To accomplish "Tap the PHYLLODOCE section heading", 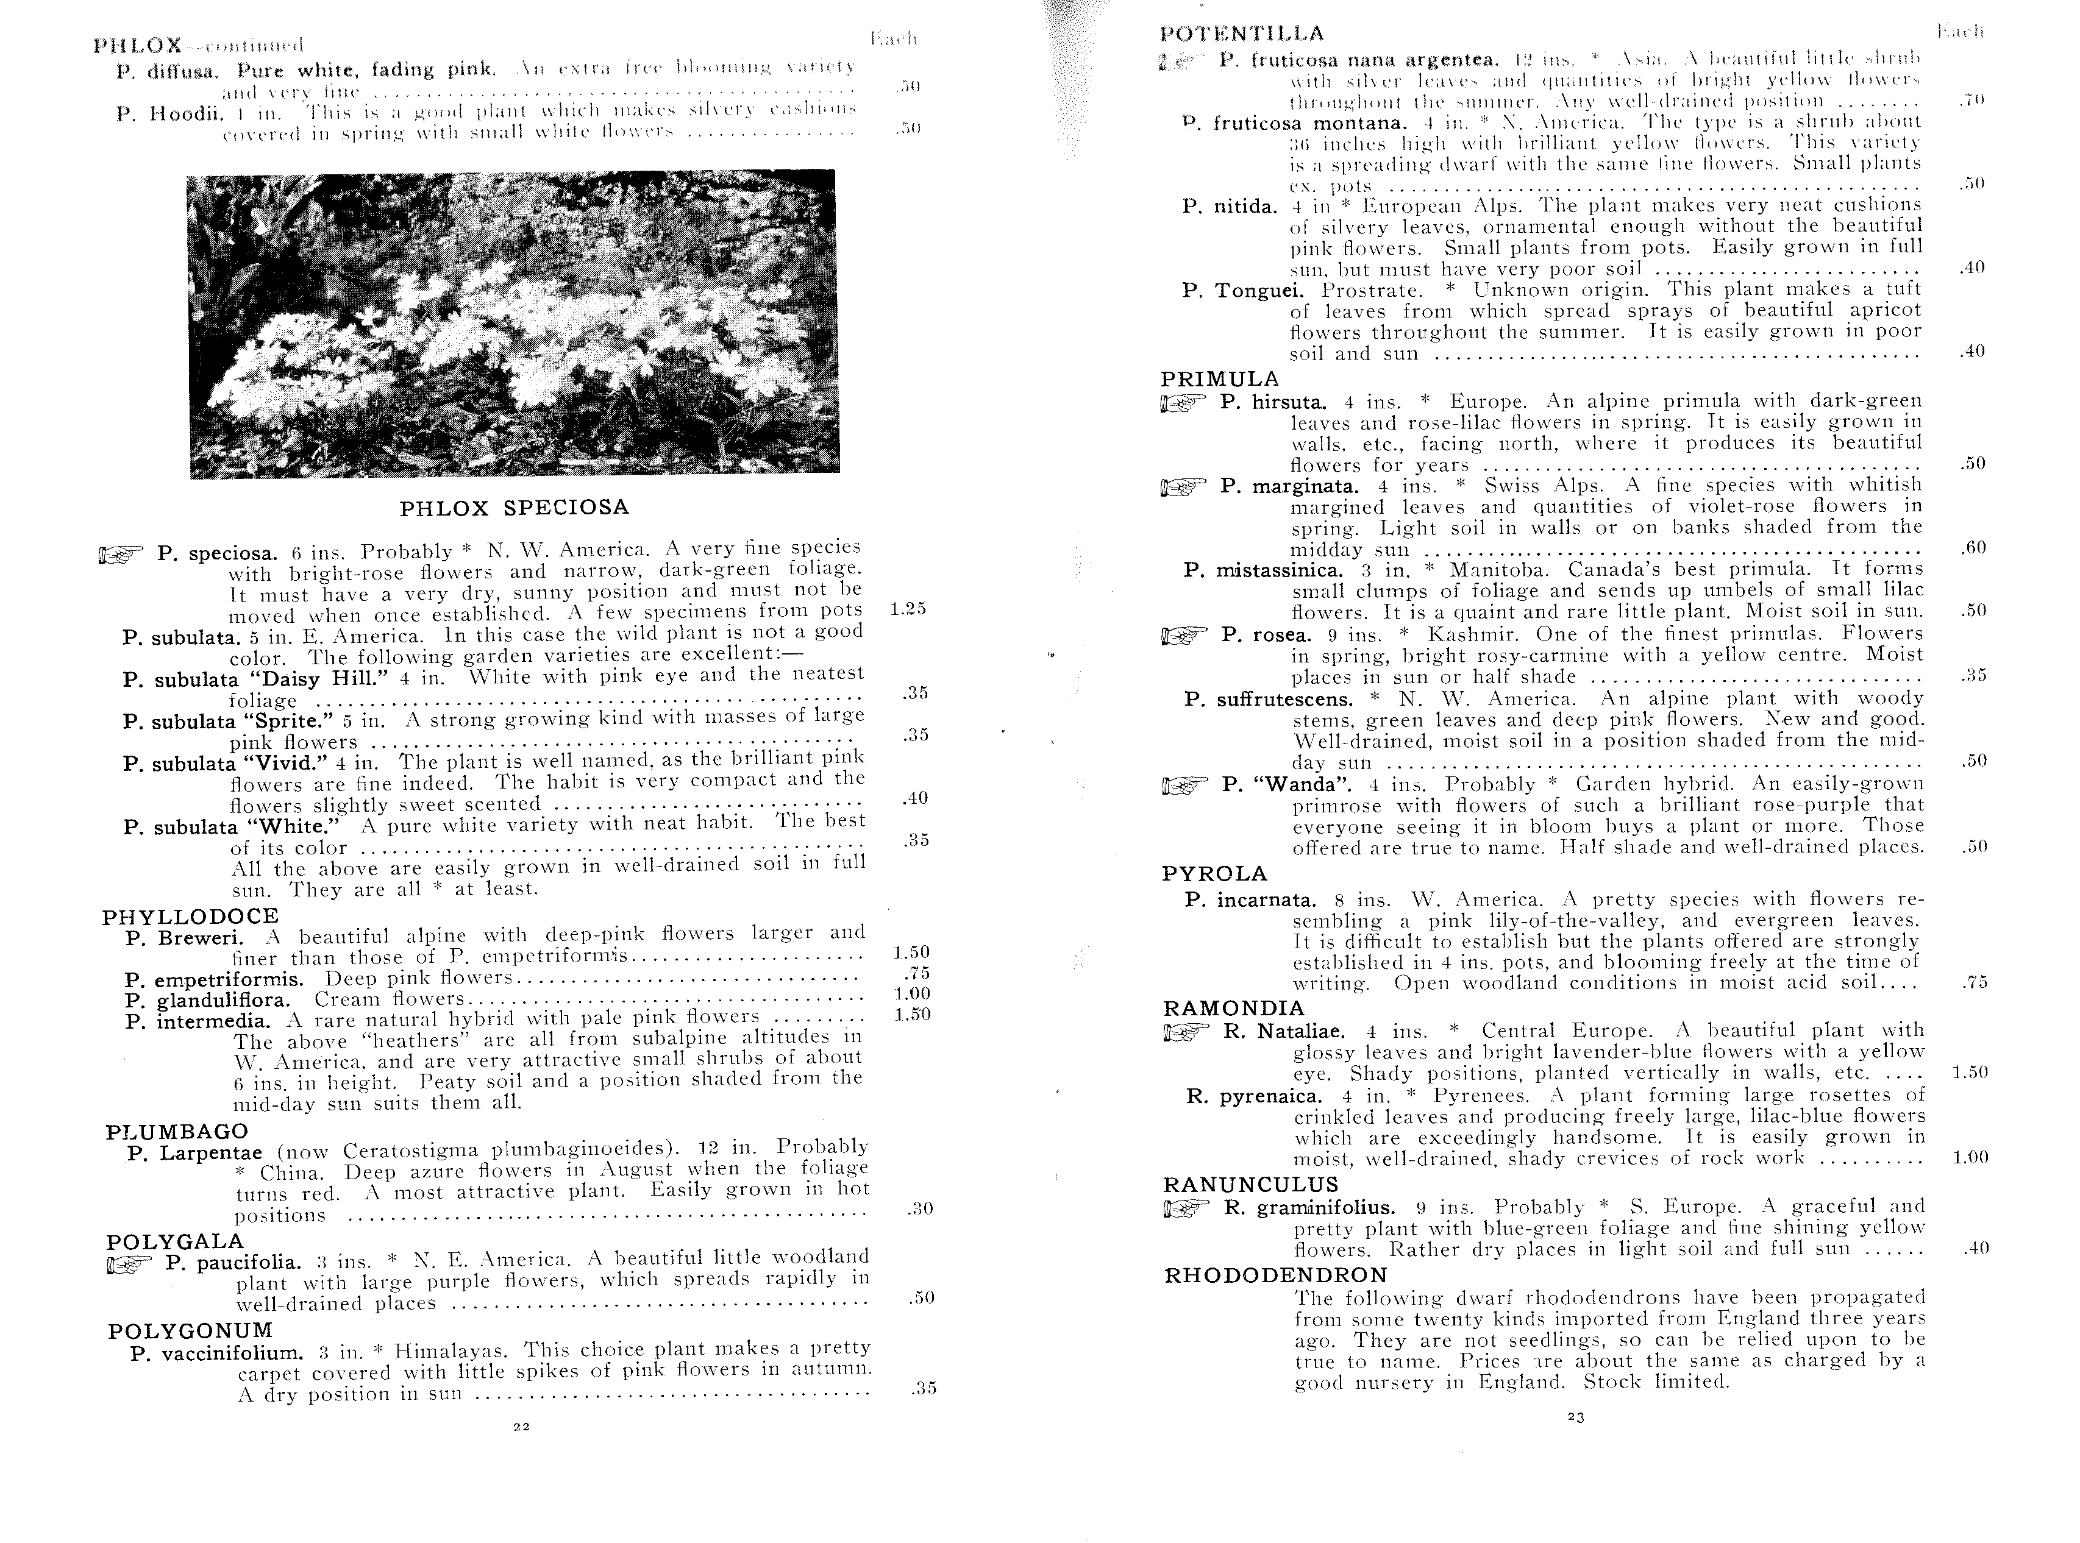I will [191, 917].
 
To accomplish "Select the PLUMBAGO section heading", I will [177, 1132].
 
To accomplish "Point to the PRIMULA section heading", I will [1219, 379].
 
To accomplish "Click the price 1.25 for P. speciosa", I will [907, 609].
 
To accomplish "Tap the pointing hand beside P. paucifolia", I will [125, 1266].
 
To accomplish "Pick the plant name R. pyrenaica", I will [1254, 1096].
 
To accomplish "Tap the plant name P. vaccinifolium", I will [217, 1352].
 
